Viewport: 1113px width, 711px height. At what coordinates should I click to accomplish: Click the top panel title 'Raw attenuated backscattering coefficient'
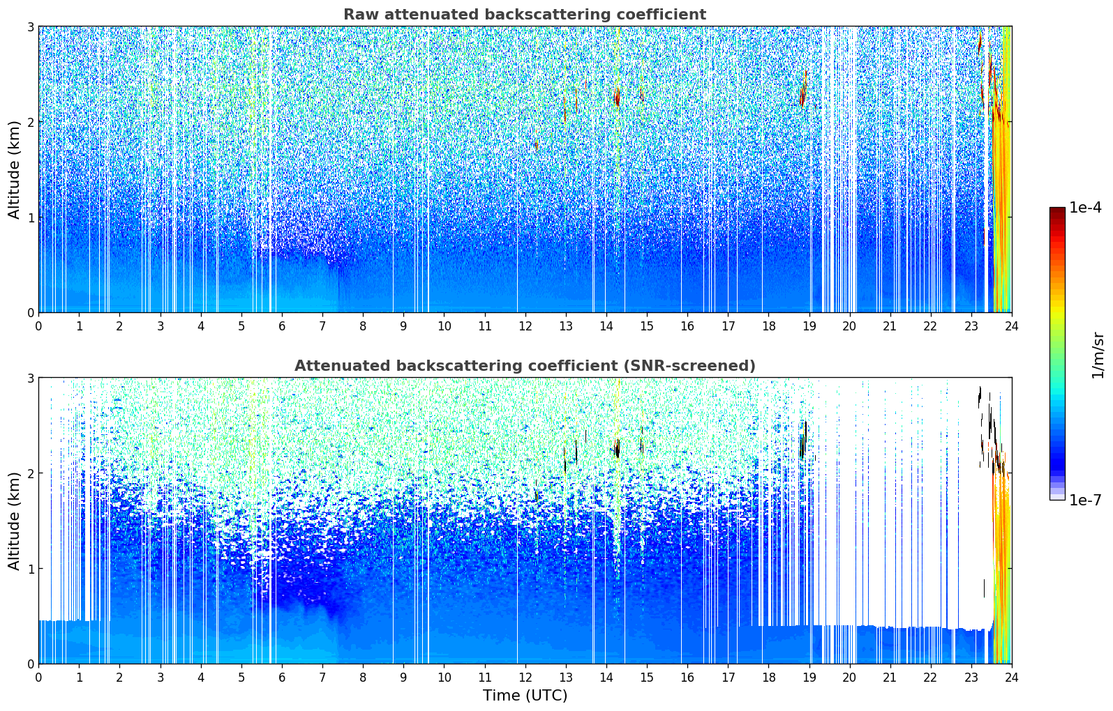[x=524, y=15]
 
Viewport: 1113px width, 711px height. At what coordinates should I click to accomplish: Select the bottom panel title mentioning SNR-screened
[x=524, y=366]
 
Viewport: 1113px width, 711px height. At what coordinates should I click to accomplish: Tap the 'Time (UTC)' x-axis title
[x=525, y=696]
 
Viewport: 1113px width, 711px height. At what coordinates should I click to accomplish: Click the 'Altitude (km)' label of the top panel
[x=14, y=169]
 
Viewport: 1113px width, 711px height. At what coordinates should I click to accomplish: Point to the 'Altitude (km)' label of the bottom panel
[x=14, y=521]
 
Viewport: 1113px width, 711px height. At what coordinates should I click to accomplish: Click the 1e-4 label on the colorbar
[x=1085, y=207]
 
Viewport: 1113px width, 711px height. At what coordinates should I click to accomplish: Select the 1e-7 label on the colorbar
[x=1085, y=500]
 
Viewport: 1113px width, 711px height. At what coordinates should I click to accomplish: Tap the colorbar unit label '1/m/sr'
[x=1098, y=354]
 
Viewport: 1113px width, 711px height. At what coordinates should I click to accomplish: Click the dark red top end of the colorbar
[x=1056, y=211]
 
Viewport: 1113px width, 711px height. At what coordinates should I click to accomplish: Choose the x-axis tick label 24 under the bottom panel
[x=1011, y=677]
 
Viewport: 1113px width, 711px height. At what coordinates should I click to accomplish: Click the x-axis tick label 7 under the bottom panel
[x=322, y=677]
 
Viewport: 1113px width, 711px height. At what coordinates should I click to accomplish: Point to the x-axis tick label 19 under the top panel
[x=809, y=326]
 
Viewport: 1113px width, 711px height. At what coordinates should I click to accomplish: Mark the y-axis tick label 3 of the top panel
[x=30, y=26]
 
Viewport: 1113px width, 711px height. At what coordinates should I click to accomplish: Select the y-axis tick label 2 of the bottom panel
[x=30, y=473]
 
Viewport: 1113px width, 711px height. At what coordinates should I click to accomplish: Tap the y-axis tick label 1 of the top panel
[x=30, y=217]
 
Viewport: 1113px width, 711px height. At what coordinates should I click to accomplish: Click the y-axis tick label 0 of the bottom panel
[x=30, y=664]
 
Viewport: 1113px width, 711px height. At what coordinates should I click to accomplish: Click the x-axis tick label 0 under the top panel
[x=38, y=326]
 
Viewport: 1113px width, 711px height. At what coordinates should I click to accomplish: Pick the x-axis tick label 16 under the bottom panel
[x=687, y=677]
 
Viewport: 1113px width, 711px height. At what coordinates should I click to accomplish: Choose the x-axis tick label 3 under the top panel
[x=160, y=326]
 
